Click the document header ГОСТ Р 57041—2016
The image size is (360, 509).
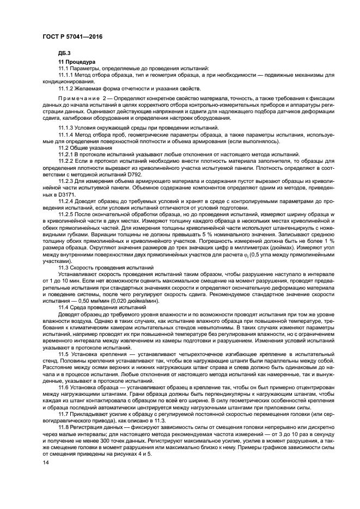click(72, 36)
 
